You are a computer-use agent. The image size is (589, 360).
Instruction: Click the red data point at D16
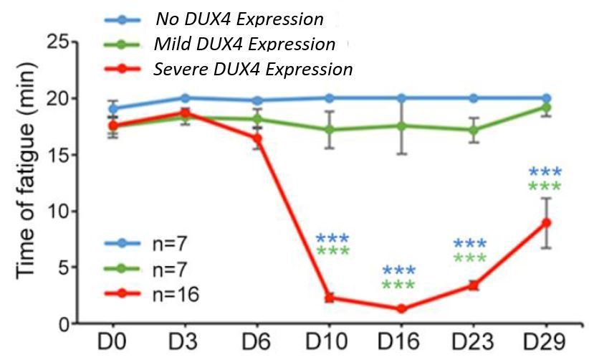pyautogui.click(x=401, y=309)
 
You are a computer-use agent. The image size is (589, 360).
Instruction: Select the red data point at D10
pyautogui.click(x=329, y=298)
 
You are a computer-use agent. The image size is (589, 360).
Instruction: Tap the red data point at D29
pyautogui.click(x=546, y=222)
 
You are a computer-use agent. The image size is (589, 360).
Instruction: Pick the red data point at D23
pyautogui.click(x=474, y=286)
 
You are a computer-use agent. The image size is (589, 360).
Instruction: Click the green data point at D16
pyautogui.click(x=401, y=125)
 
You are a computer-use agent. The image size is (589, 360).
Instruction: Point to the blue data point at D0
pyautogui.click(x=112, y=108)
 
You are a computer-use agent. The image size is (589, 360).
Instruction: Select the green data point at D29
pyautogui.click(x=546, y=107)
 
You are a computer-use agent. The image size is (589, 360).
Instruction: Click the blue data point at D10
pyautogui.click(x=329, y=98)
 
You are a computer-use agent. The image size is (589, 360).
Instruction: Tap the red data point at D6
pyautogui.click(x=257, y=138)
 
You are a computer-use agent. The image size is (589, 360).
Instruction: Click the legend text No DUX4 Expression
pyautogui.click(x=239, y=19)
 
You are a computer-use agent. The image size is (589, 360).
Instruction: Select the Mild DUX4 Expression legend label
pyautogui.click(x=244, y=44)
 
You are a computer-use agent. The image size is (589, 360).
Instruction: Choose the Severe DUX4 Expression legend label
pyautogui.click(x=252, y=70)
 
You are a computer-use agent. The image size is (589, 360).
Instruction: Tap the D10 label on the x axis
pyautogui.click(x=329, y=341)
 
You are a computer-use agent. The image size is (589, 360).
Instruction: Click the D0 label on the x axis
pyautogui.click(x=112, y=341)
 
